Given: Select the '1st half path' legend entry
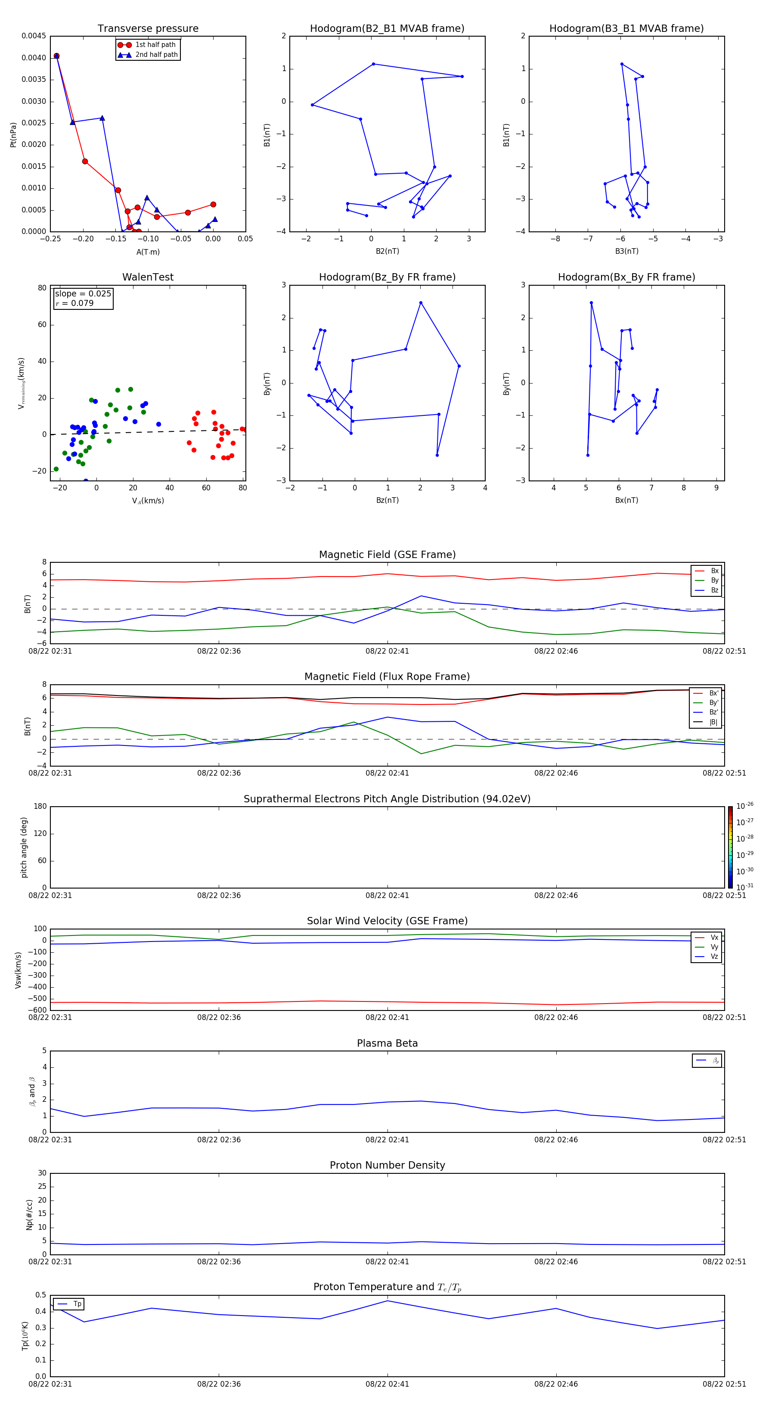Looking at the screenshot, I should (x=155, y=45).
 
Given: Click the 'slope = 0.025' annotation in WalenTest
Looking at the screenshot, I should (x=83, y=294).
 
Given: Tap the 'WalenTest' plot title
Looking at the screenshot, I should (x=148, y=277).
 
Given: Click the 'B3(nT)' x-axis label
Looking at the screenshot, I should (x=626, y=251).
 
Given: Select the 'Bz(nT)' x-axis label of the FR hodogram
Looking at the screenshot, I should (x=387, y=500).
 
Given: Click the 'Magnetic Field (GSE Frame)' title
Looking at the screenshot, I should (x=387, y=555).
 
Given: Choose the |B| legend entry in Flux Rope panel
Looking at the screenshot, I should (x=713, y=722).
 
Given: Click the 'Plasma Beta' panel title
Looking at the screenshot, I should (x=387, y=1043).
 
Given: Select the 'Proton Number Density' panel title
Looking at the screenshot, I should (x=387, y=1165).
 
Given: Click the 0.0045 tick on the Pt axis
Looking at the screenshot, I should (x=34, y=37).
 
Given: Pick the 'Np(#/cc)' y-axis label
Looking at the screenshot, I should (x=30, y=1214).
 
